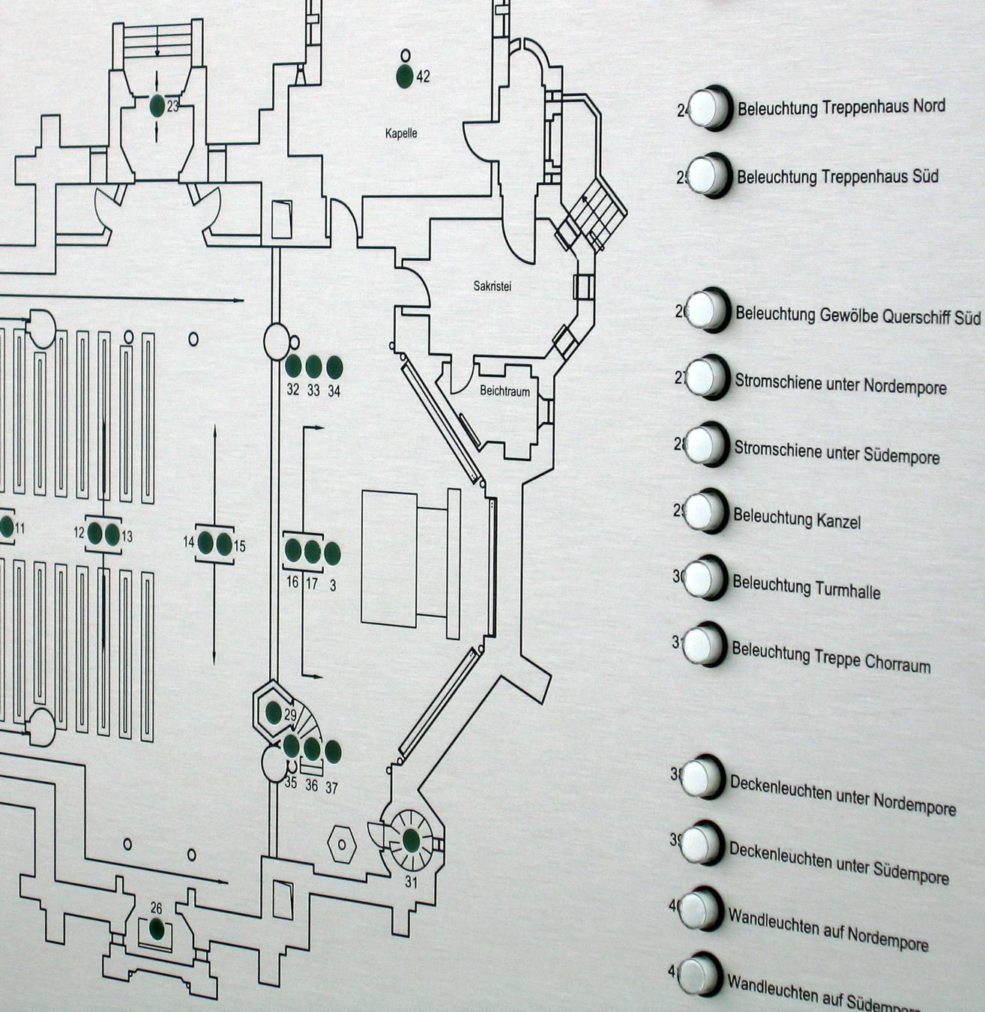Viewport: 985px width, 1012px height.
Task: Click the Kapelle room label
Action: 401,133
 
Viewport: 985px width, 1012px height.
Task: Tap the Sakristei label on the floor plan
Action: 492,286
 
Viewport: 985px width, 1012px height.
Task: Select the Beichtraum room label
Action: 504,391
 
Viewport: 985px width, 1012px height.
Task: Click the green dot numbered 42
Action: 405,75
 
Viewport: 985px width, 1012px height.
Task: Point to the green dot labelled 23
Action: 157,106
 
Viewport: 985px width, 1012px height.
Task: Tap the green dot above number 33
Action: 313,367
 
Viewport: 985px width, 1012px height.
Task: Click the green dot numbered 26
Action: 156,930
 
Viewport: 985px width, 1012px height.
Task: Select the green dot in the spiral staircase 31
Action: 412,840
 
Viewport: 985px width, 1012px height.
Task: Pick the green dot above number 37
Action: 332,751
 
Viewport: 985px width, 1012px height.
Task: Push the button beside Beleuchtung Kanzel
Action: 705,512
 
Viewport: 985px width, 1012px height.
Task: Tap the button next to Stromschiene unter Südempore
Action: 705,445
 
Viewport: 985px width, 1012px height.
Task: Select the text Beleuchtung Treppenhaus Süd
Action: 837,177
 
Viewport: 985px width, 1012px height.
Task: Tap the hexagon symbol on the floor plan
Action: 342,844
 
